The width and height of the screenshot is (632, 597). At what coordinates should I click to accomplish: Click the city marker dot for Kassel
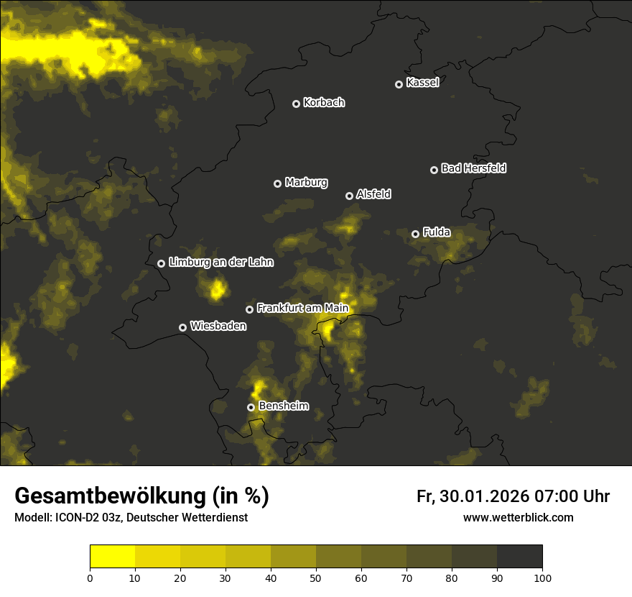pos(399,84)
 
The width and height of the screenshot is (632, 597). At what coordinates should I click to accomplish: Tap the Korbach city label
pos(324,103)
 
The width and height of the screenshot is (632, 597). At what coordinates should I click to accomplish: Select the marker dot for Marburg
pos(277,183)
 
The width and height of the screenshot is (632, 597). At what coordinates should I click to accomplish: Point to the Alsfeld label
pos(373,194)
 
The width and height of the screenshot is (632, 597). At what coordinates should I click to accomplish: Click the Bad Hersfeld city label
pos(473,168)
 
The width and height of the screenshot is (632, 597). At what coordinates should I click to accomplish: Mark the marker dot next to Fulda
pos(415,234)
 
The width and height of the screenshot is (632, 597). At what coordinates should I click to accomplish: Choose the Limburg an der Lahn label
pos(220,263)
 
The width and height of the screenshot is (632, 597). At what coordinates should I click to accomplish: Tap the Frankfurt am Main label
pos(302,309)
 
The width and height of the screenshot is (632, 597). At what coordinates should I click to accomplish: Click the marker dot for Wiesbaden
pos(182,327)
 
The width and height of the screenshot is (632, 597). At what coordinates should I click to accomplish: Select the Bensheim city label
pos(283,406)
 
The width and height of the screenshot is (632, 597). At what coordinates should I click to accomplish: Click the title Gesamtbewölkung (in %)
pos(141,496)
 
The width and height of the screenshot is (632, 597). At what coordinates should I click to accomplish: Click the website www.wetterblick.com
pos(518,518)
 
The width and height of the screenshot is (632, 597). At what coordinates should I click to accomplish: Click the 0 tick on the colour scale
pos(90,578)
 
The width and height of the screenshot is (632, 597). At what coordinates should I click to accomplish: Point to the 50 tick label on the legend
pos(316,578)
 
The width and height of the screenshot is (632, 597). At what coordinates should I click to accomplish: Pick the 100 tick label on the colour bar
pos(542,578)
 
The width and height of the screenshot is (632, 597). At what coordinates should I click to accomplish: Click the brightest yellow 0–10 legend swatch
pos(112,557)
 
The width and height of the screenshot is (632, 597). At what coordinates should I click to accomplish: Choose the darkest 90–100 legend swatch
pos(520,557)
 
